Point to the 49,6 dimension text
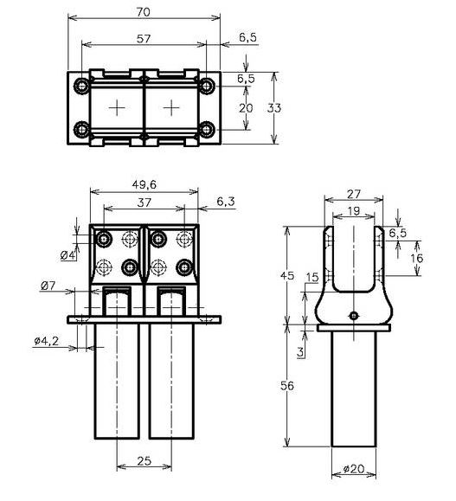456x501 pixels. coord(144,183)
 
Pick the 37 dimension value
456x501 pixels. coord(144,201)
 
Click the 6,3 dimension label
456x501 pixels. coord(226,201)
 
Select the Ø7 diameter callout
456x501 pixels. coord(48,285)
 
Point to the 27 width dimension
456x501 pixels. coord(353,194)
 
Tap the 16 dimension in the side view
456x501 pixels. coord(418,259)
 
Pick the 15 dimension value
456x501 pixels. coord(312,277)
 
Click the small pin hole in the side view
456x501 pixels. coord(353,315)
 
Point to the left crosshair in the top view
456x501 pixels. coord(116,107)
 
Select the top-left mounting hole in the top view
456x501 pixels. coord(82,87)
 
